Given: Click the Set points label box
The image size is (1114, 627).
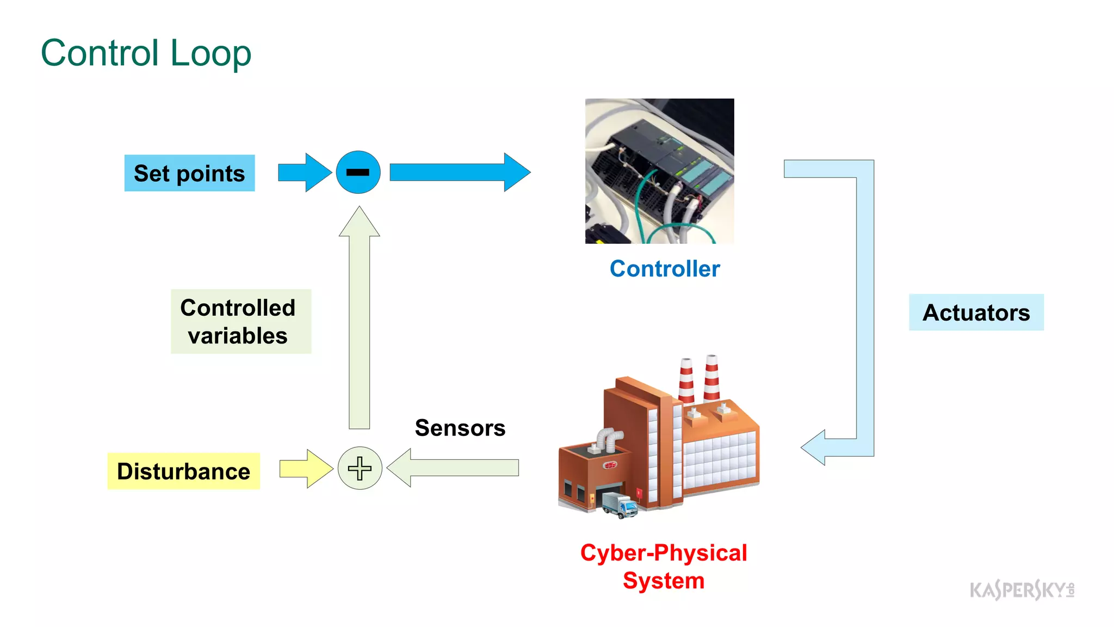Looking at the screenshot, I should pyautogui.click(x=189, y=173).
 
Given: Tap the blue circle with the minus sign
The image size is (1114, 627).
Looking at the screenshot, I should pyautogui.click(x=358, y=173).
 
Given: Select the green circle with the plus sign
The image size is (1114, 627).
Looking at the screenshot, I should pyautogui.click(x=360, y=468).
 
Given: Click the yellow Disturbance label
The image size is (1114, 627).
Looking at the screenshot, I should pyautogui.click(x=183, y=471).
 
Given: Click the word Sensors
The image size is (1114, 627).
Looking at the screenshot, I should pyautogui.click(x=460, y=428).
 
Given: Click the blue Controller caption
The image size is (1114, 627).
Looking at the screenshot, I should pyautogui.click(x=664, y=269).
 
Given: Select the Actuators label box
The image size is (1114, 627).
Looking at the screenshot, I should pyautogui.click(x=976, y=312).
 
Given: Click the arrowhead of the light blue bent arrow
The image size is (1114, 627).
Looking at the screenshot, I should pyautogui.click(x=814, y=447).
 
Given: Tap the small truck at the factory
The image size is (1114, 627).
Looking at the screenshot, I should pyautogui.click(x=620, y=505).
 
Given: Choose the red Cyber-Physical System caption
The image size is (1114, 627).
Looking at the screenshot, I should pyautogui.click(x=664, y=567).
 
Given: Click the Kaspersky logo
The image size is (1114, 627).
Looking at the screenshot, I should pyautogui.click(x=1021, y=589).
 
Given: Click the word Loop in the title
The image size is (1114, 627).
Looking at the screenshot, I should pyautogui.click(x=211, y=53).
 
